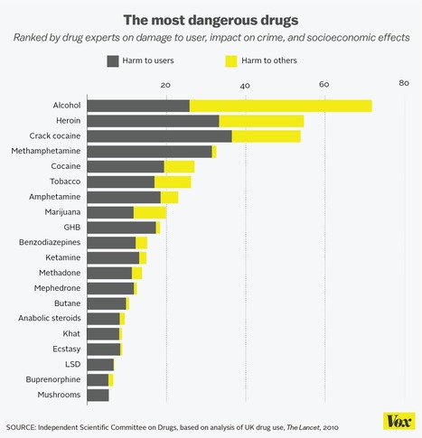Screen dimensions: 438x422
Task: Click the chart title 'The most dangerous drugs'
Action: click(211, 17)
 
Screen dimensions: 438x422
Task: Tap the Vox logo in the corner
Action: click(394, 423)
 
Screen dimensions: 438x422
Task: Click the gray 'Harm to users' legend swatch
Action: click(113, 61)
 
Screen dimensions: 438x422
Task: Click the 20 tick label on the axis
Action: click(165, 85)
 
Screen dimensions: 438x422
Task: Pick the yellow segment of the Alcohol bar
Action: click(280, 106)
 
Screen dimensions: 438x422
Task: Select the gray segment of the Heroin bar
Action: click(154, 121)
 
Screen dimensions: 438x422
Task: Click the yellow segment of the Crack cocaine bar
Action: click(266, 136)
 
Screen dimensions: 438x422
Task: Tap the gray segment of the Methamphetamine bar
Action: click(150, 152)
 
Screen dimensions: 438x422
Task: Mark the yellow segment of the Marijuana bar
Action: click(150, 212)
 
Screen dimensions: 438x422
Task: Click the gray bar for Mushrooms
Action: click(98, 395)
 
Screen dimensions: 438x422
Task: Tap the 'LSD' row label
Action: click(72, 364)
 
